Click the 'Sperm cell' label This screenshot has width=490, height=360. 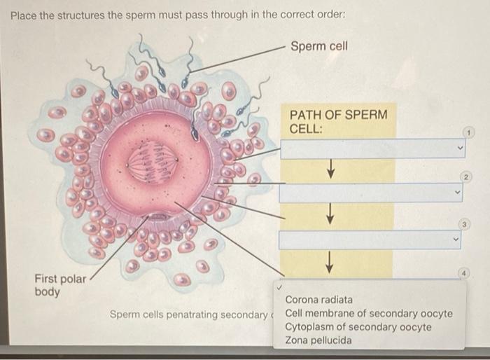tap(318, 46)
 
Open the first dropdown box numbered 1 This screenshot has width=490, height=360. tap(372, 148)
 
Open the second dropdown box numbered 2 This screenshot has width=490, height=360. tap(372, 193)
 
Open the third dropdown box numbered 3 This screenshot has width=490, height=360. tap(372, 240)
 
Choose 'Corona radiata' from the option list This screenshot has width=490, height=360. tap(318, 300)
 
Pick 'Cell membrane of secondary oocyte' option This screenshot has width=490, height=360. tap(368, 313)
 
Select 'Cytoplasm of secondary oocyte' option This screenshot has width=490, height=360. tap(358, 327)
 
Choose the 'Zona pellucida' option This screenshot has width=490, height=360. tap(318, 341)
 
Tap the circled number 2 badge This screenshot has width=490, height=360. tap(468, 177)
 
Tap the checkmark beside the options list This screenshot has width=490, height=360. tap(279, 288)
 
